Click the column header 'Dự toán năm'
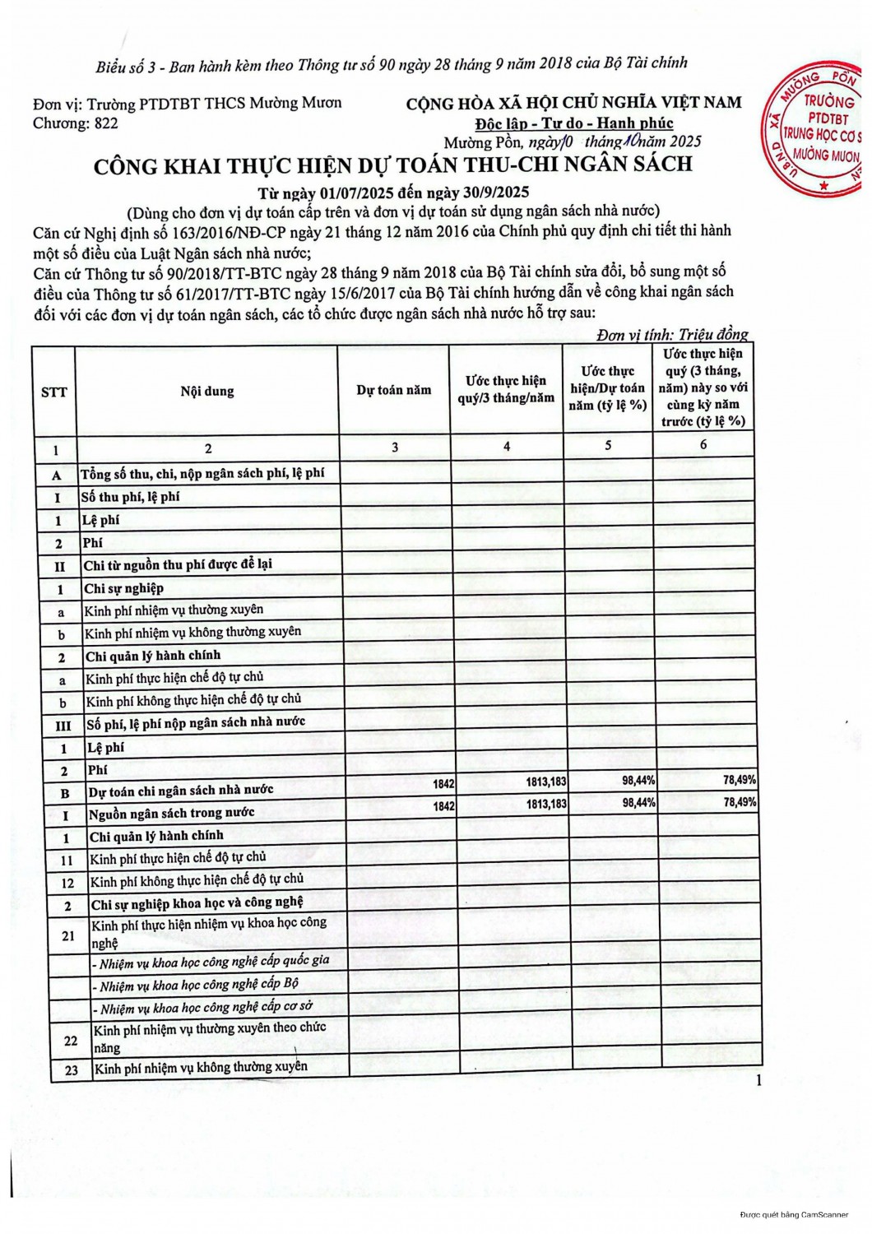393,390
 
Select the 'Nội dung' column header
207,391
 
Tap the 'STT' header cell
53,392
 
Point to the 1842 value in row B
443,784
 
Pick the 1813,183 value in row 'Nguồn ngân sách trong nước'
546,804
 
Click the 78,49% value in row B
740,779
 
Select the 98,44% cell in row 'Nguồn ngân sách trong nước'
638,802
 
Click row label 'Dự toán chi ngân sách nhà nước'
181,791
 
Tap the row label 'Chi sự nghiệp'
123,588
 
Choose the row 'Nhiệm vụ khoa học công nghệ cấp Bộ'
198,984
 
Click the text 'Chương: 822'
75,123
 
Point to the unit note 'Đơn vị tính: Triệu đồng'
672,334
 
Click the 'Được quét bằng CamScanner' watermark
794,1214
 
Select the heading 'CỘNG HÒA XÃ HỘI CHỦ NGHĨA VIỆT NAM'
573,103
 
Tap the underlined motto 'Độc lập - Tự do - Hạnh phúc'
573,123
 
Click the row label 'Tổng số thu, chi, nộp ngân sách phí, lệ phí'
202,473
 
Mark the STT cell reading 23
72,1070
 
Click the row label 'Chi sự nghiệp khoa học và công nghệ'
197,903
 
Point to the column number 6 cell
703,444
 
